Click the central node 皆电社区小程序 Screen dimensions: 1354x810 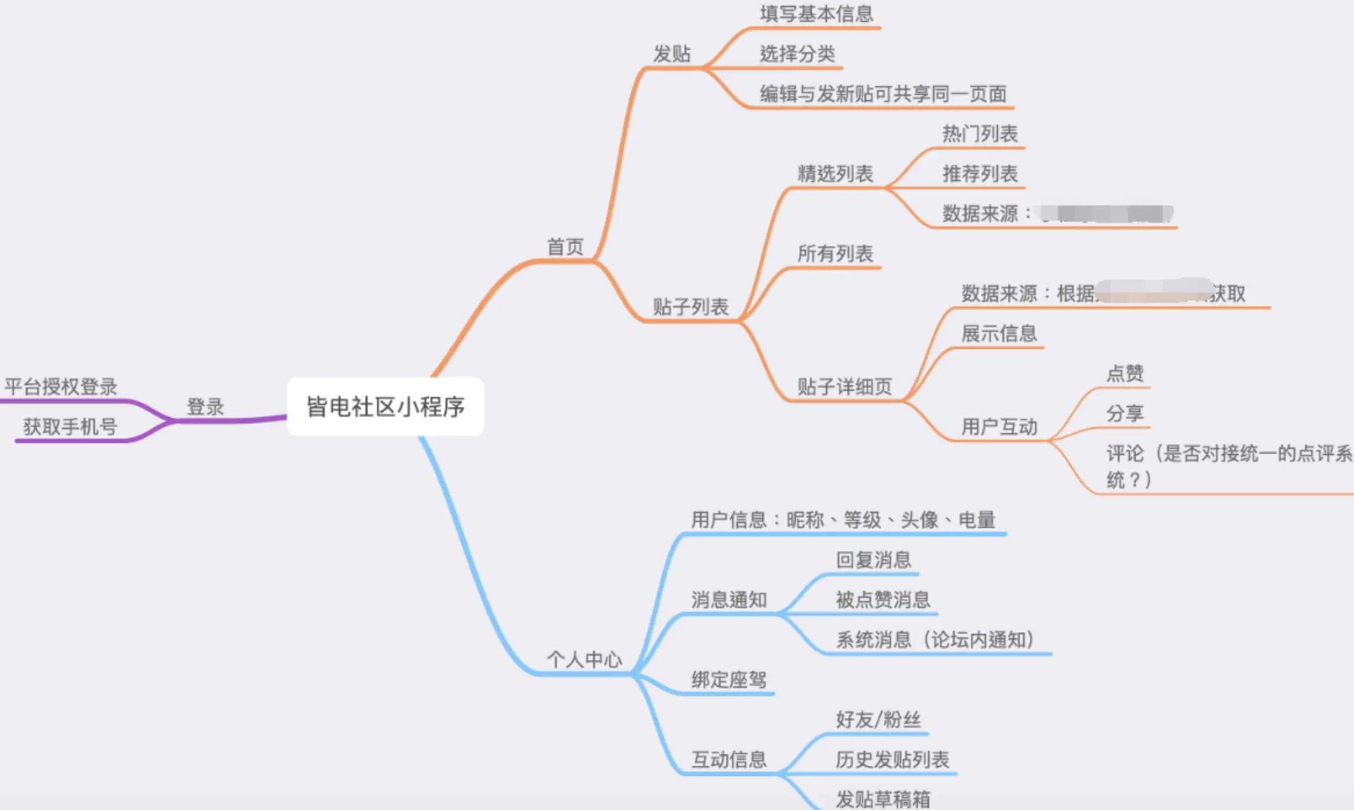click(x=385, y=407)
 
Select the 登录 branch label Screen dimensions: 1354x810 click(x=205, y=407)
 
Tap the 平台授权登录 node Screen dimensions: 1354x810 click(x=61, y=386)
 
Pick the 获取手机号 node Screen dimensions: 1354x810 click(x=70, y=426)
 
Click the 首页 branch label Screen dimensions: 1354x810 click(x=565, y=247)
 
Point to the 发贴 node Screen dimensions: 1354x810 click(x=672, y=54)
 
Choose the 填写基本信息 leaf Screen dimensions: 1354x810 click(x=816, y=14)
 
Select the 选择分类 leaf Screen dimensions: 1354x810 click(x=797, y=54)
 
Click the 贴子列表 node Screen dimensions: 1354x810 click(x=690, y=307)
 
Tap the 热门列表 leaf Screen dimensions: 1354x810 click(x=980, y=134)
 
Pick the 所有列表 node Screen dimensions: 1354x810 click(x=835, y=254)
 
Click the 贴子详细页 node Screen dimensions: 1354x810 click(x=844, y=386)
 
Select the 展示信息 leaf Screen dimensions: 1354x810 click(x=999, y=334)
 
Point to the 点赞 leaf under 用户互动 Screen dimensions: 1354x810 click(x=1125, y=373)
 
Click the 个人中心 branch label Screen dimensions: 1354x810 click(x=584, y=660)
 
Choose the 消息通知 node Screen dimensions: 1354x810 click(x=729, y=600)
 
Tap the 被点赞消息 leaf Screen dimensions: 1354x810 click(x=882, y=600)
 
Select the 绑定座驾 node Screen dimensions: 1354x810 click(x=729, y=679)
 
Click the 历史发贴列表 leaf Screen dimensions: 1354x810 click(x=892, y=760)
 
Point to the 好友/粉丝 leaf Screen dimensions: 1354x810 click(x=878, y=719)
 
